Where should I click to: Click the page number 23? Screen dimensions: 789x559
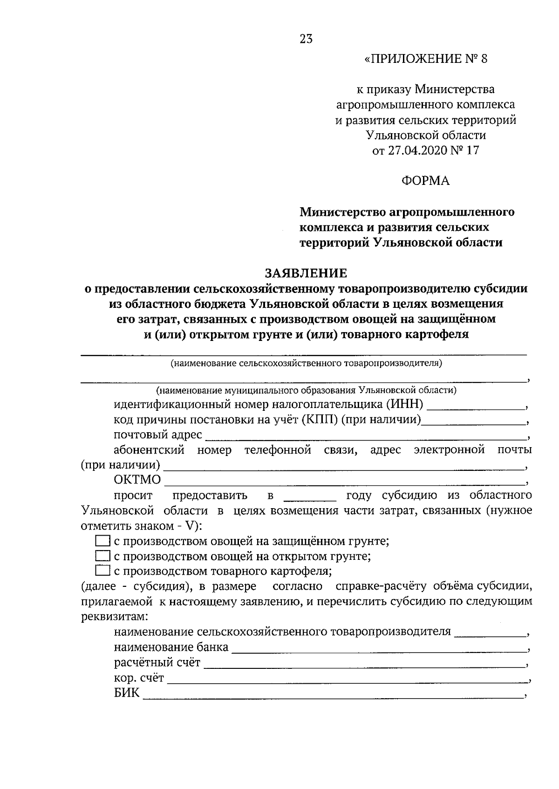pos(306,39)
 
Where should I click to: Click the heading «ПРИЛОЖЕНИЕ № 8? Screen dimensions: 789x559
pos(425,59)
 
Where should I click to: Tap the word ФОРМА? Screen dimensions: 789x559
pos(426,181)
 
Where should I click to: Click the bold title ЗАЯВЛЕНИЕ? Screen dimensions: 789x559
pos(306,273)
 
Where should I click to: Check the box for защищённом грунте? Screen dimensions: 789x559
pos(102,541)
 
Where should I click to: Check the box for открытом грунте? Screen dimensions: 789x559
pos(102,556)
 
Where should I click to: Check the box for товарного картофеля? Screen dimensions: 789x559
pos(102,571)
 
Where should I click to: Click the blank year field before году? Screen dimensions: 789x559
pos(309,496)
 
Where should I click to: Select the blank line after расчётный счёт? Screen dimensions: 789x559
pos(363,664)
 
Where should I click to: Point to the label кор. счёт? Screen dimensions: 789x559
pos(138,678)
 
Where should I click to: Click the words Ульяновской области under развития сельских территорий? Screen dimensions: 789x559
pos(425,136)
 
